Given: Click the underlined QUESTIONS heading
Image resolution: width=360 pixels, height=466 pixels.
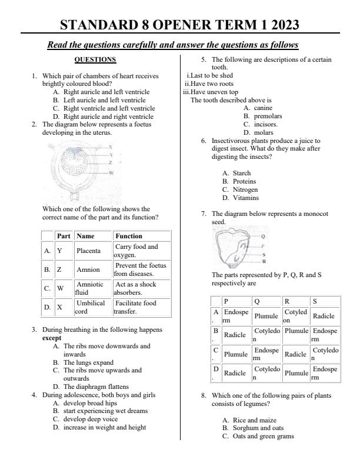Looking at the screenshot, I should (x=95, y=59).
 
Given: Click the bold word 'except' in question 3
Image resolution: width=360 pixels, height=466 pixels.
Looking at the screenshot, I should (x=52, y=339).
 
